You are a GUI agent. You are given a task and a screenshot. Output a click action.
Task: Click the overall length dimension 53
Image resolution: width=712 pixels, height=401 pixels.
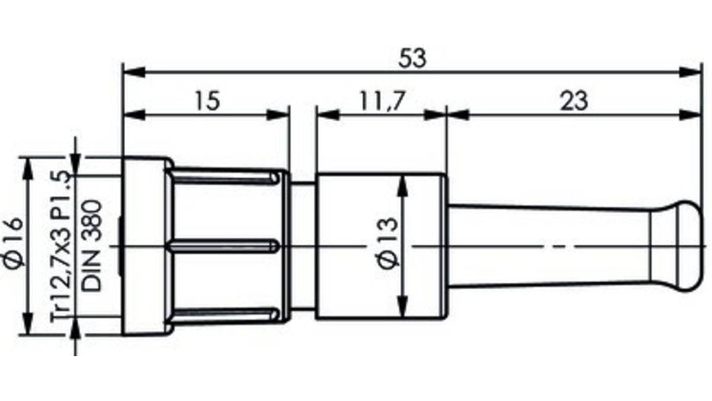pos(412,58)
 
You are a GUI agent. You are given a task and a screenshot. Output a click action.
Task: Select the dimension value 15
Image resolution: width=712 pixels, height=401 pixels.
pos(208,101)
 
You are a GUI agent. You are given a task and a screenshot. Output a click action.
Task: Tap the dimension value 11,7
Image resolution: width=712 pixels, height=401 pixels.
pos(383,101)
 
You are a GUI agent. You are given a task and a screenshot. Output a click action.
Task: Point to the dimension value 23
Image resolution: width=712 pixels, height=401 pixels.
pos(574,101)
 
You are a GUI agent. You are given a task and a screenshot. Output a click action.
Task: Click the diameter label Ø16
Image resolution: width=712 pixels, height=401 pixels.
pos(14,242)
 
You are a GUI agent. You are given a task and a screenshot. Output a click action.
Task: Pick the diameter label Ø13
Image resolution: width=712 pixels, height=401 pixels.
pos(389,244)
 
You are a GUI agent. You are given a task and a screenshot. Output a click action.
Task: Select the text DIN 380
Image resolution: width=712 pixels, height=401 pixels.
pos(91,245)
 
